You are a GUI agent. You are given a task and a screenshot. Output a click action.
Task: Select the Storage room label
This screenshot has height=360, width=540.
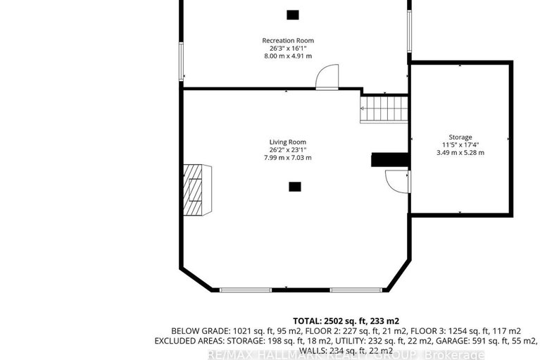pos(460,137)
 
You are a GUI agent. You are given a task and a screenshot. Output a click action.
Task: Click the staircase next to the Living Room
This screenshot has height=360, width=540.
pos(384,109)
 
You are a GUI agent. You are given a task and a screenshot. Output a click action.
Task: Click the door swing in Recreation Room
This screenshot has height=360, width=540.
pos(327,77)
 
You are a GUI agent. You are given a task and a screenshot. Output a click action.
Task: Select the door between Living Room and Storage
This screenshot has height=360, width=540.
pos(398,181)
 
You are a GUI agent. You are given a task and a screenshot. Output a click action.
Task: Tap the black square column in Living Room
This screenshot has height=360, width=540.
pos(295,187)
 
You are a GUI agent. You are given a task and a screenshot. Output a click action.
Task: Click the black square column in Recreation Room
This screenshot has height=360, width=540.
pos(293,14)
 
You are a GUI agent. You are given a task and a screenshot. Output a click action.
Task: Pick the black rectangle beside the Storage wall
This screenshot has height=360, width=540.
pos(390,160)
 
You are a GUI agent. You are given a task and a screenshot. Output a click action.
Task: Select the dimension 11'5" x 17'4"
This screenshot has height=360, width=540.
pos(460,144)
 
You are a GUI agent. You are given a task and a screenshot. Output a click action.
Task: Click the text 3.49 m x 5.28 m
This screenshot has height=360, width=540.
pos(460,152)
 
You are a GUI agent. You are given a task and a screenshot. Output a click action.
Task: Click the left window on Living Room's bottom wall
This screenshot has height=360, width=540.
pos(245,290)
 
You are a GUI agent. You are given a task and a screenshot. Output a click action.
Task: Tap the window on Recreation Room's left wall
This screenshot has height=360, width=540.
pos(181,62)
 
